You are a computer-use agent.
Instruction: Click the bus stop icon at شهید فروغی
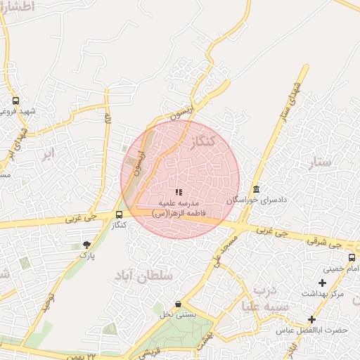tap(15, 101)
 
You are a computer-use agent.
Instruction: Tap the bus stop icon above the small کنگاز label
tap(118, 214)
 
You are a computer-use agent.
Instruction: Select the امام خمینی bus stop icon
tap(352, 257)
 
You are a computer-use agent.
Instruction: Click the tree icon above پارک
tap(86, 245)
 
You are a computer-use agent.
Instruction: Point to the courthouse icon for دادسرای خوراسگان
tap(255, 190)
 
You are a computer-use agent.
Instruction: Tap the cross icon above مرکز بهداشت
tap(322, 283)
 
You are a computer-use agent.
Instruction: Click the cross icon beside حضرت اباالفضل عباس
tap(311, 319)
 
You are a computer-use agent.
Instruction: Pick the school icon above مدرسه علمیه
tap(178, 191)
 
